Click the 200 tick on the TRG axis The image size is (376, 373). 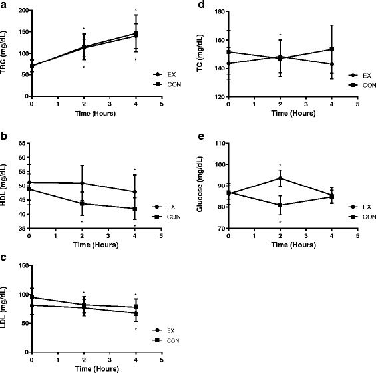pos(22,11)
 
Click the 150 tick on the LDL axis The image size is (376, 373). pos(22,265)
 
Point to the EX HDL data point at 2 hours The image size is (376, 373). pos(83,184)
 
